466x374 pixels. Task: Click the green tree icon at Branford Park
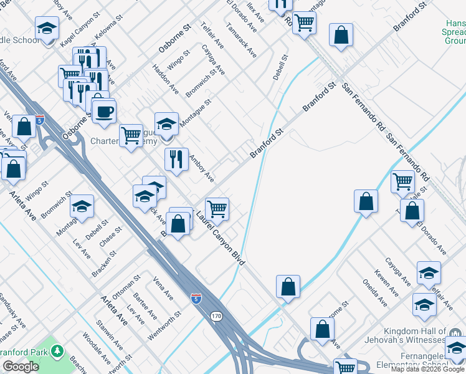tap(57, 351)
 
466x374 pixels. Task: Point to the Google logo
tap(21, 367)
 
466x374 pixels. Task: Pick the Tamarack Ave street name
tap(242, 42)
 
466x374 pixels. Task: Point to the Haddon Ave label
tap(165, 80)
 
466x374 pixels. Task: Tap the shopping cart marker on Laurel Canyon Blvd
tap(217, 208)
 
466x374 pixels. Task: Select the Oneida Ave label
tap(376, 293)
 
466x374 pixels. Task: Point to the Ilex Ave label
tap(255, 12)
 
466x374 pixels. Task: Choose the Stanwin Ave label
tap(109, 335)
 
